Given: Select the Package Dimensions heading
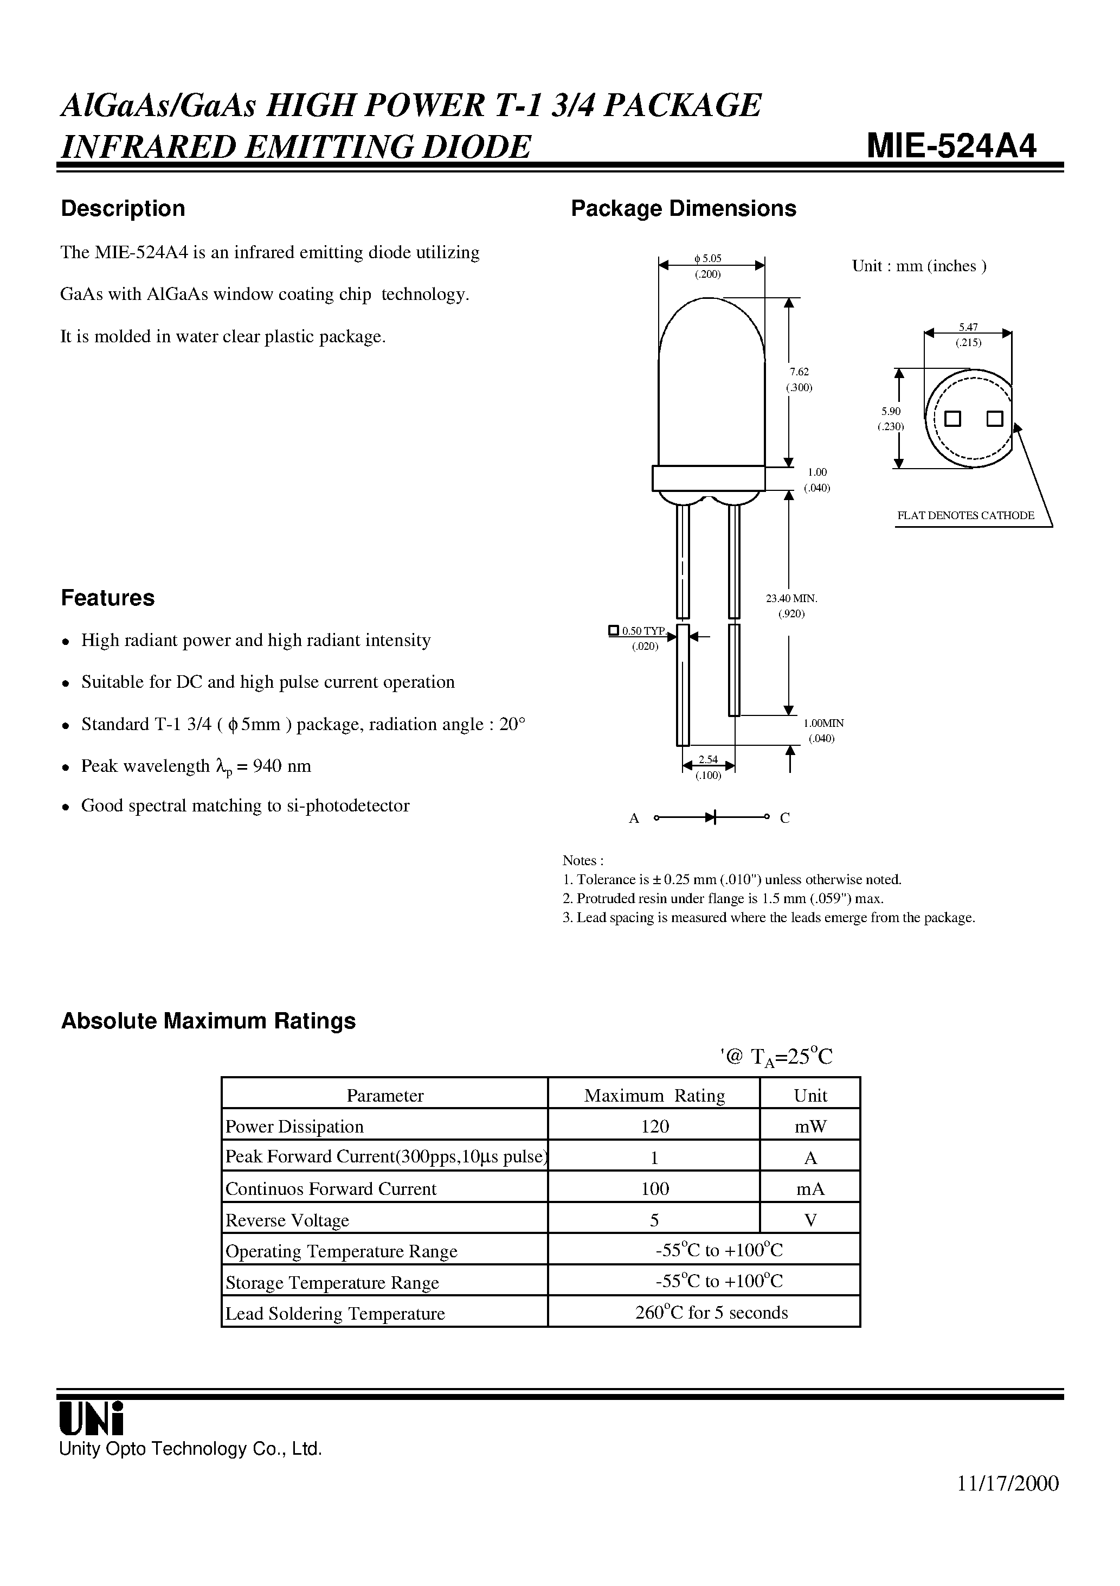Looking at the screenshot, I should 683,209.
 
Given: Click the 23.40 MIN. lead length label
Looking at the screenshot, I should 791,598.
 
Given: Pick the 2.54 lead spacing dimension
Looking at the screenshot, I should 708,760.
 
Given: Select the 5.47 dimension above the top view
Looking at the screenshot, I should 968,328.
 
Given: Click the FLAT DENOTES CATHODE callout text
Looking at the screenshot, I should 965,515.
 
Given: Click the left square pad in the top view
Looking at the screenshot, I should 953,419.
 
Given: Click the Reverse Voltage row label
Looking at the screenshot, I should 287,1220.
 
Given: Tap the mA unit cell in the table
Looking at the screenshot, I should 810,1189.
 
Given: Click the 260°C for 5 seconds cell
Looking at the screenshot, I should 711,1313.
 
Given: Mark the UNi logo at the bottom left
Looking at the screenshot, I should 91,1419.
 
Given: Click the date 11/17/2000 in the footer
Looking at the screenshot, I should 1008,1484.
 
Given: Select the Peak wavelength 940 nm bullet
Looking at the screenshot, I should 196,766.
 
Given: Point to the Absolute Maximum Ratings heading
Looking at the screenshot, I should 209,1021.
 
